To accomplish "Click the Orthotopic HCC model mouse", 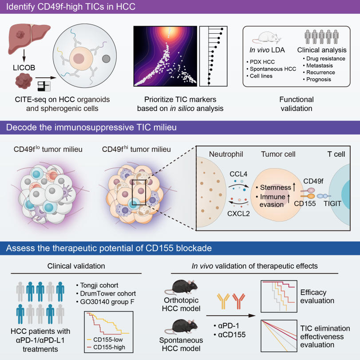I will (181, 287).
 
